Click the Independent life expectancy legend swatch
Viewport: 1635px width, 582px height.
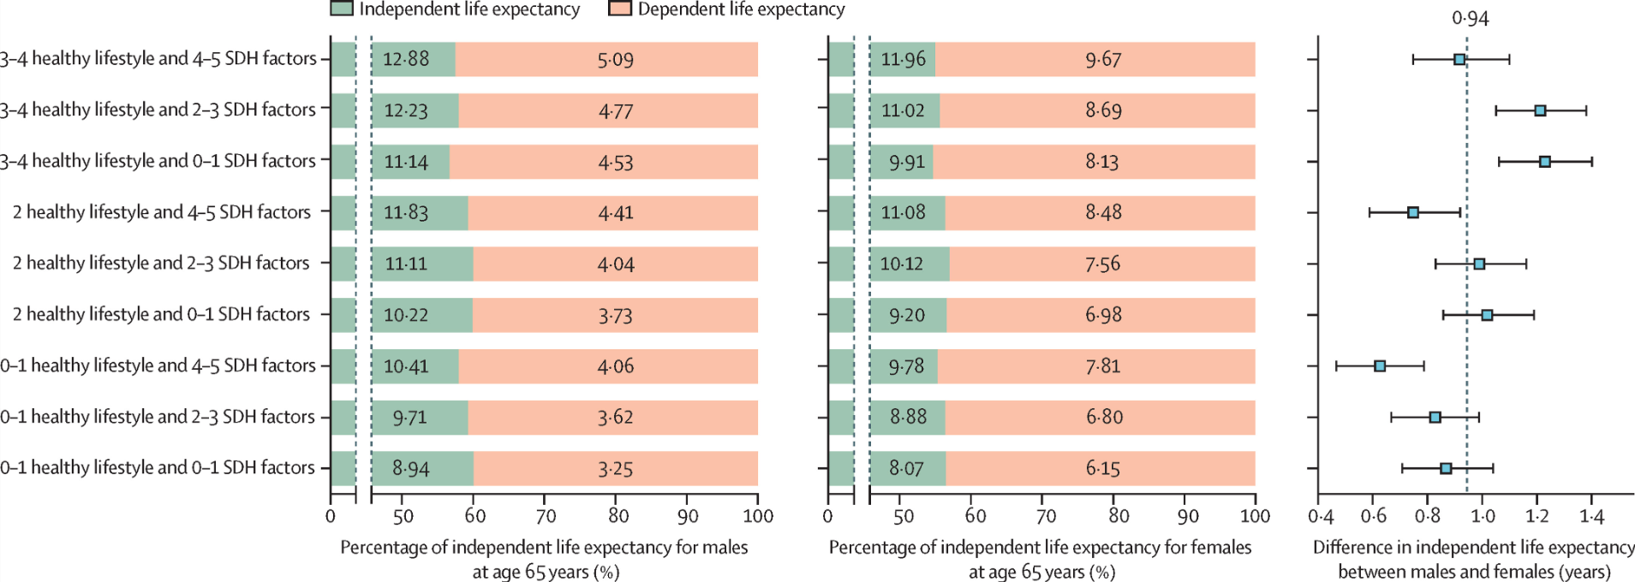pos(342,9)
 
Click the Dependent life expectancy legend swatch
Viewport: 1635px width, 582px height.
pos(620,9)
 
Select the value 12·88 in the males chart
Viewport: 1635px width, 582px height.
pos(406,59)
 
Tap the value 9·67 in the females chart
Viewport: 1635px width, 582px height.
pos(1103,59)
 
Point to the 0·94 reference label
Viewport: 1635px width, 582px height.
pos(1470,18)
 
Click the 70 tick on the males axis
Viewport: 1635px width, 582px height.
pos(546,516)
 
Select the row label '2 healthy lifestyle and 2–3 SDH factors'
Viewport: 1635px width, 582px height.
pos(161,264)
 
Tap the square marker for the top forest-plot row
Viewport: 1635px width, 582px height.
pos(1459,59)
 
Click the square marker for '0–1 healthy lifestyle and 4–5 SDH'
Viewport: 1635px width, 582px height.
pos(1380,365)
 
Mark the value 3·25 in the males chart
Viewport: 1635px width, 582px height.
pos(615,468)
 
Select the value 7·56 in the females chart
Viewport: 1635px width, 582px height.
pos(1103,264)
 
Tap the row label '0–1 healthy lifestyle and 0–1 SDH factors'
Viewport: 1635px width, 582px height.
pos(158,468)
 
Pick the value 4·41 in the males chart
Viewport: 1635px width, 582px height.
pos(615,212)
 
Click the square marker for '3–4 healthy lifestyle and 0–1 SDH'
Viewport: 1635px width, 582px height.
pos(1544,162)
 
